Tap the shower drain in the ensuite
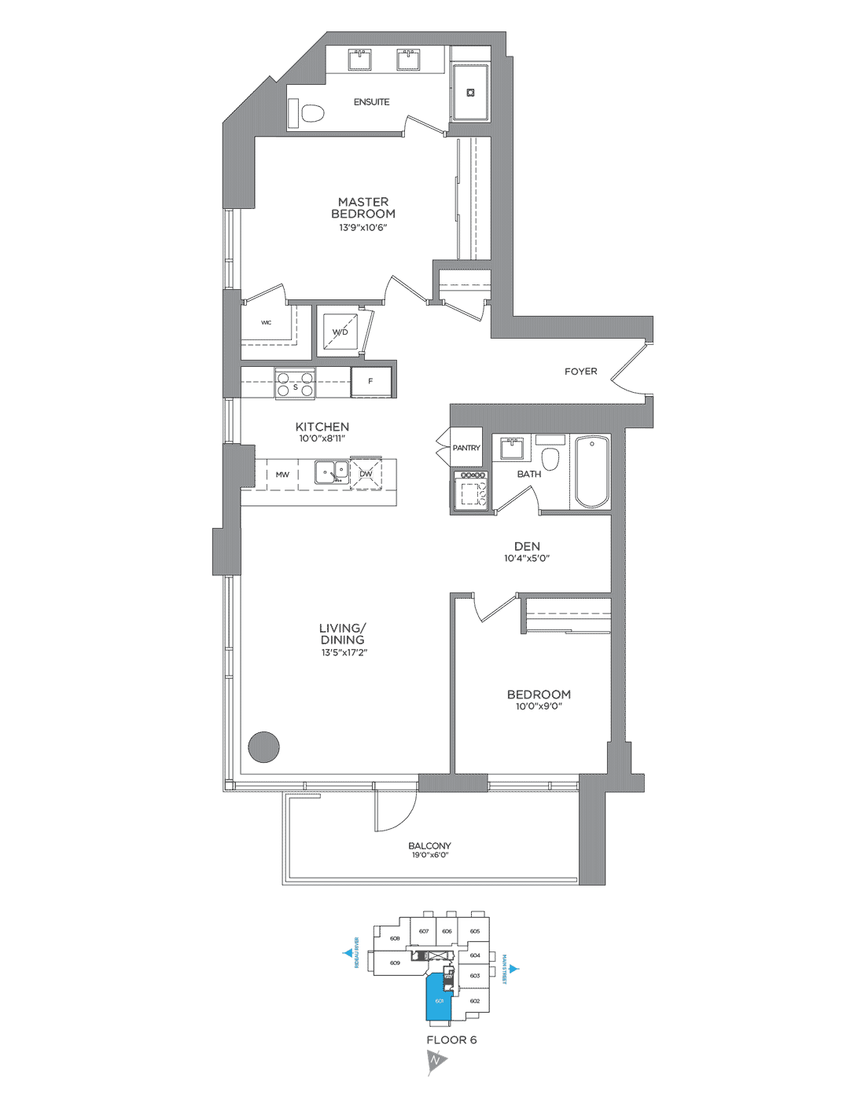click(x=471, y=93)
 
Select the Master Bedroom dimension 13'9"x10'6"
click(x=363, y=228)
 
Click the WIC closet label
click(x=267, y=323)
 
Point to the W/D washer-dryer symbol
click(x=340, y=332)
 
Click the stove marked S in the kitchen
click(x=295, y=383)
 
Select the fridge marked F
click(x=371, y=382)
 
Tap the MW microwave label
click(x=282, y=475)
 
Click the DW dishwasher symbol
click(x=366, y=474)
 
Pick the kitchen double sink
click(x=332, y=472)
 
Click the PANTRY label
click(x=466, y=448)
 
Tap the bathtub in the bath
click(x=591, y=472)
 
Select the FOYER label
click(x=580, y=372)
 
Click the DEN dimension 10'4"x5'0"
click(x=527, y=559)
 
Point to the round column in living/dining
click(x=263, y=747)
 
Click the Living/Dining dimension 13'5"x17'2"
click(x=344, y=653)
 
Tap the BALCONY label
click(x=429, y=846)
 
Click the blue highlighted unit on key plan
click(x=437, y=998)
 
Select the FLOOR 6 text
click(x=451, y=1040)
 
